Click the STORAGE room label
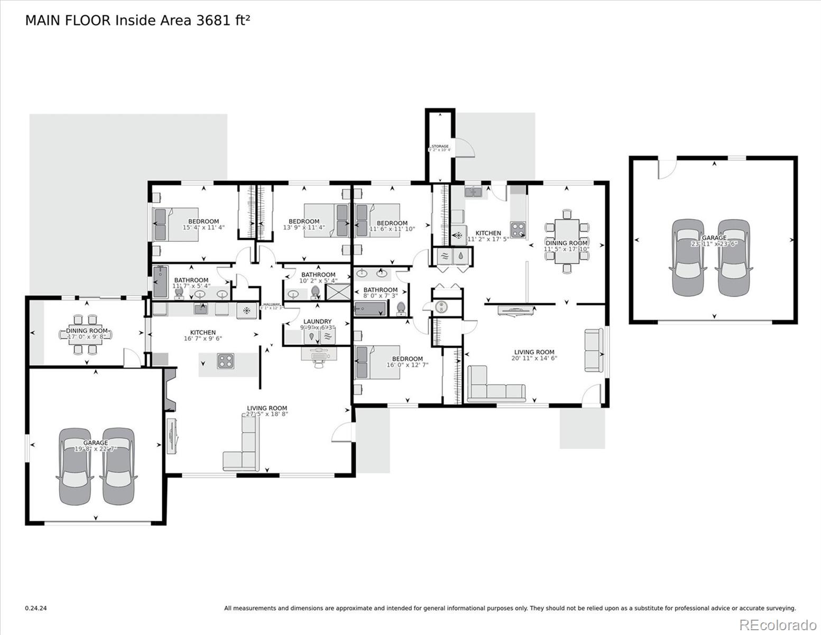(440, 146)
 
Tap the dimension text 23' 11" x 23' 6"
(714, 244)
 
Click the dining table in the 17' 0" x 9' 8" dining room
(85, 334)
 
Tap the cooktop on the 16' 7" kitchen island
(225, 361)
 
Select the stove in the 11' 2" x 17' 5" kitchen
(518, 229)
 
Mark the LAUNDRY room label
(317, 321)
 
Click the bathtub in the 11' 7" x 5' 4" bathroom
(161, 282)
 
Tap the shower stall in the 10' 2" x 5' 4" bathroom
(338, 292)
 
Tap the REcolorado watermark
(778, 624)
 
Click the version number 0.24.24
(35, 609)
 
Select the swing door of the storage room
(466, 148)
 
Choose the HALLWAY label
(271, 304)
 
